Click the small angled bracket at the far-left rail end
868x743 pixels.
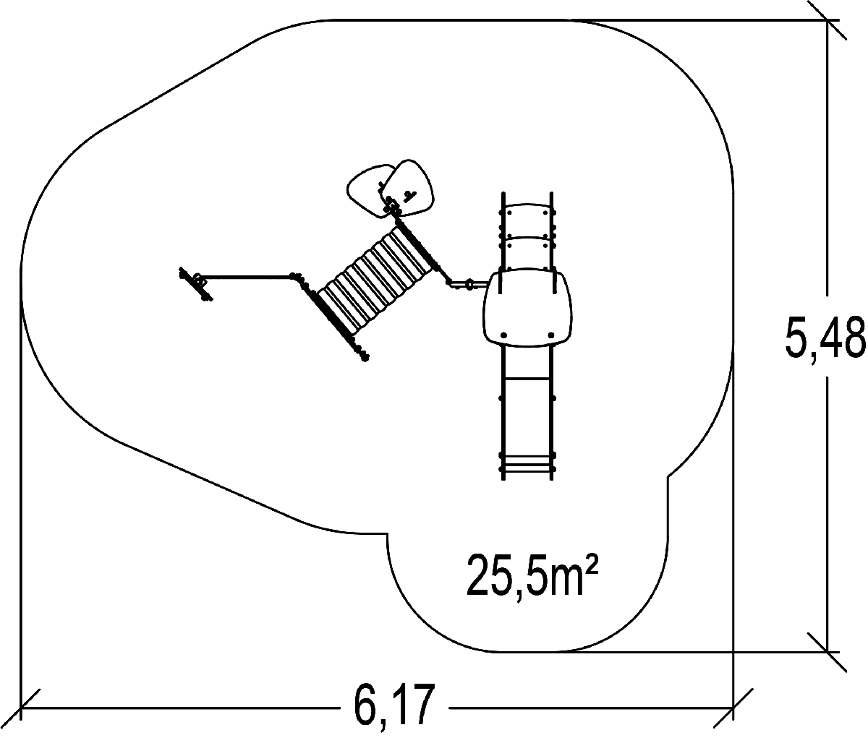(197, 284)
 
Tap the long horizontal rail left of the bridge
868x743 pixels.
(246, 276)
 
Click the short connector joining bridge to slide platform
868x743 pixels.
(463, 283)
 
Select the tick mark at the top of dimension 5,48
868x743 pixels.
(827, 20)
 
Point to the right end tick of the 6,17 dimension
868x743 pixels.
(734, 705)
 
